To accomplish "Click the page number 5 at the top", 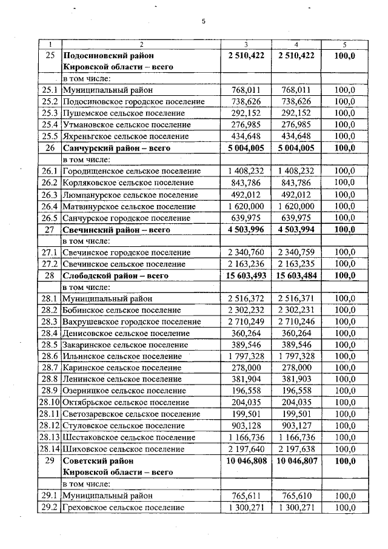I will pos(204,22).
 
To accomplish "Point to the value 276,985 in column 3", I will pos(246,125).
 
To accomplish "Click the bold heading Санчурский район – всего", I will pos(117,148).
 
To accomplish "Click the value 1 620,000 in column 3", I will pos(246,206).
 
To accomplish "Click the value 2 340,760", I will pos(246,252).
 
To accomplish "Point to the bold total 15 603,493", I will pos(246,275).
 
